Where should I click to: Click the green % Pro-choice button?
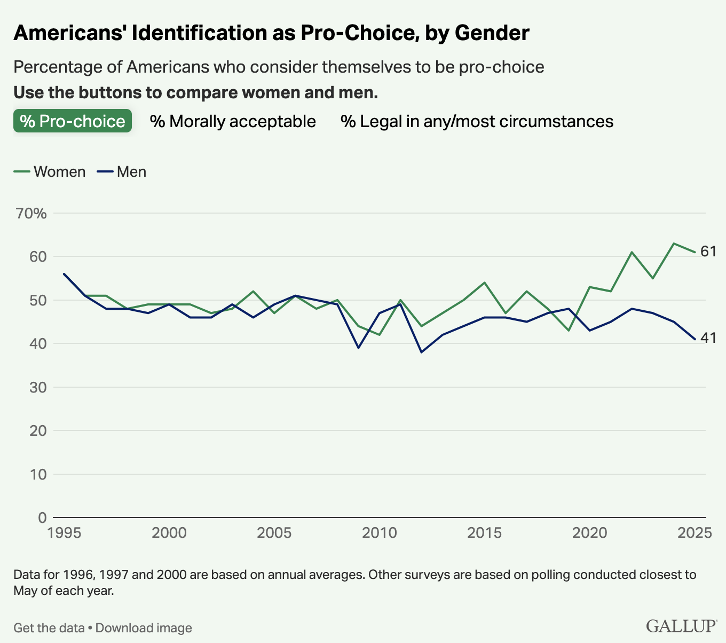(73, 121)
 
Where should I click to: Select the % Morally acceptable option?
(233, 121)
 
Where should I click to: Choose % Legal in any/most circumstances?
(477, 121)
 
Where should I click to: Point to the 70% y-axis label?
(31, 214)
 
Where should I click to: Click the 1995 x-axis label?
(64, 533)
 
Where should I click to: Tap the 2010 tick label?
(380, 533)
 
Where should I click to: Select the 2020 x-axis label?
(590, 533)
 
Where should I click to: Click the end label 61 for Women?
(708, 252)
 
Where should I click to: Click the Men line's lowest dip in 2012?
(421, 352)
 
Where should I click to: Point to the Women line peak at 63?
(674, 244)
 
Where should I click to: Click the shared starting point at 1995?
(64, 274)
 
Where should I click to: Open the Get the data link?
(49, 628)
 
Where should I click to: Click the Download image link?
(144, 628)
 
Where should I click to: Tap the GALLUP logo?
(682, 626)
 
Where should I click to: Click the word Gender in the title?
(492, 33)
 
